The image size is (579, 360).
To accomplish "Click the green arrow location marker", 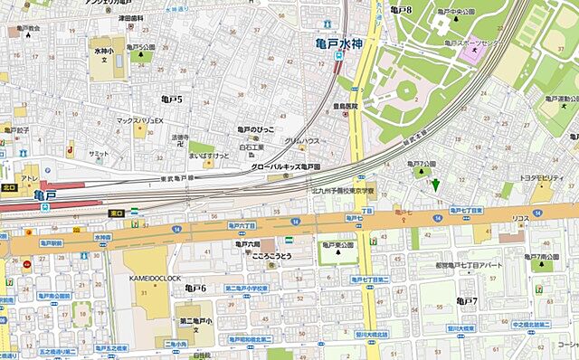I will pos(435,186).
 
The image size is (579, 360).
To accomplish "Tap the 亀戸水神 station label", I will pos(338,42).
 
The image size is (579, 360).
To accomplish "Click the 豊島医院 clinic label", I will pos(345,105).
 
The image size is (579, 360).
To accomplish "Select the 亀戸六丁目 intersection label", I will pos(240,224).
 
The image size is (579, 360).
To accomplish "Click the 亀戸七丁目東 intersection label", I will pos(470,210).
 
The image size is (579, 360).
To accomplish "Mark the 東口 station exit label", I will pos(116,213).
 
